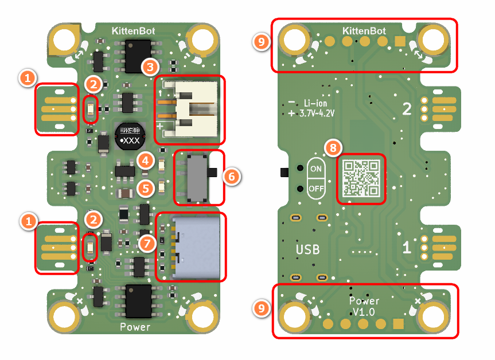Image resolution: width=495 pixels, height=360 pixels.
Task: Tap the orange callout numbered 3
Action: tap(150, 66)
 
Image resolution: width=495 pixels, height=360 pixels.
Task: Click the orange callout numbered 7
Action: tap(147, 243)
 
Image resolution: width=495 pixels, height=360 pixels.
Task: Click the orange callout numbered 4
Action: tap(146, 161)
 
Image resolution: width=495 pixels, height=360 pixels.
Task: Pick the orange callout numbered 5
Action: tap(146, 186)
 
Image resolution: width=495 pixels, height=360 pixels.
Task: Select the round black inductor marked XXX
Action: tap(130, 135)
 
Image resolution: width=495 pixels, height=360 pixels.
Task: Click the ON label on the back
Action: tap(316, 169)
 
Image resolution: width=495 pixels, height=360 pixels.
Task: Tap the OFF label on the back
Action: tap(316, 188)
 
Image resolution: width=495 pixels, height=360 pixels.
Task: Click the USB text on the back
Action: tap(307, 250)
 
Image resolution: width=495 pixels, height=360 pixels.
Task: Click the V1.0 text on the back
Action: tap(364, 312)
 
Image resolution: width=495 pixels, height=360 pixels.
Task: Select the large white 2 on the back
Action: tap(407, 108)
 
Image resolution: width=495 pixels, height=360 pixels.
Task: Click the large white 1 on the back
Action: tap(406, 248)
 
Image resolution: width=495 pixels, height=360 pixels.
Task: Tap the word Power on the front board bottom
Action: tap(135, 327)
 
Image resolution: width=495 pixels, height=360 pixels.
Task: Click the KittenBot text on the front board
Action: tap(134, 29)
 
